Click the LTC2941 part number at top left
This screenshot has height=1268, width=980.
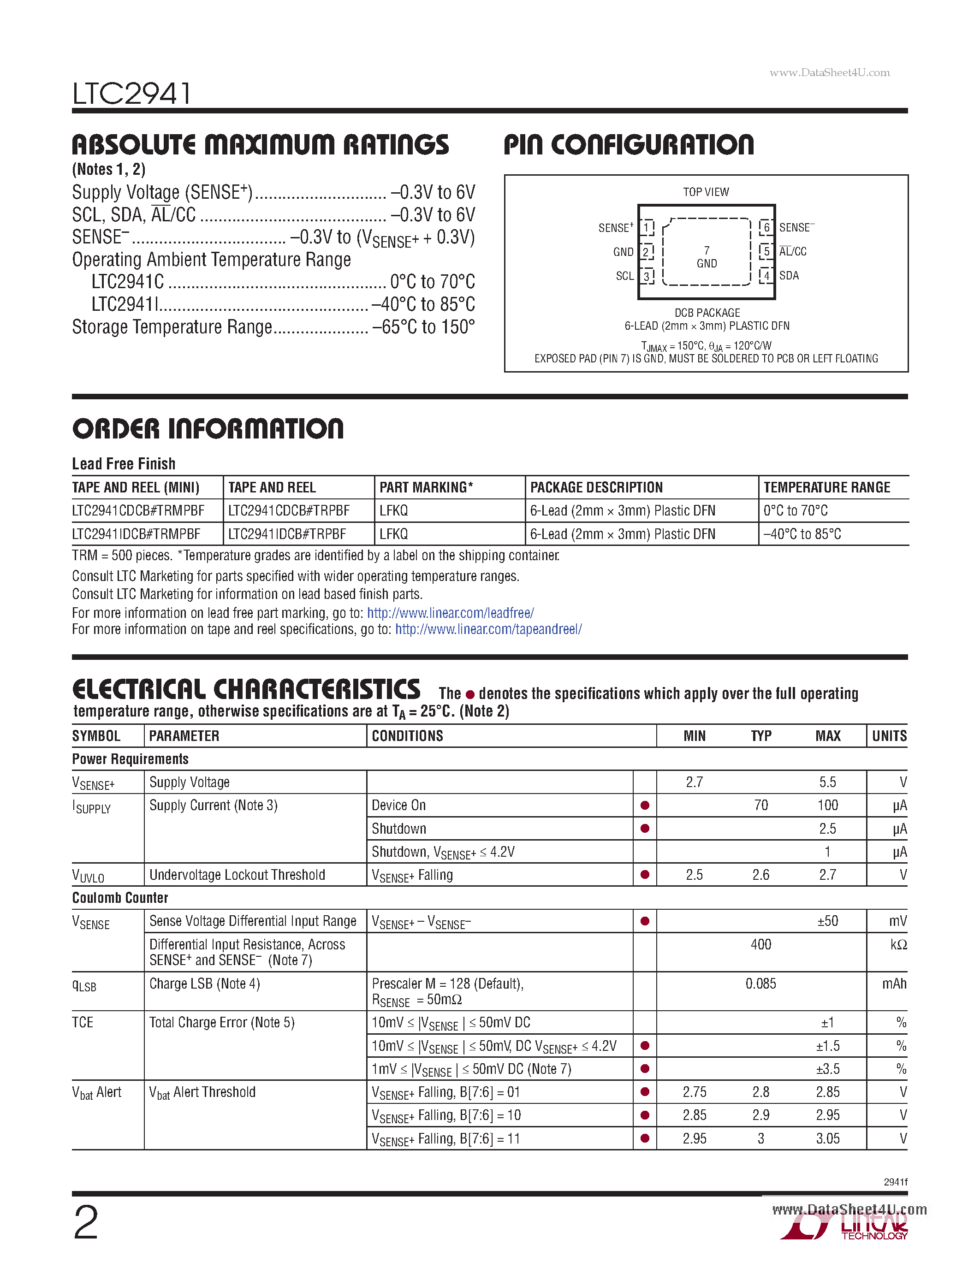point(132,94)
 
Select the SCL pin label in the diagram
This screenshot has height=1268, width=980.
point(625,276)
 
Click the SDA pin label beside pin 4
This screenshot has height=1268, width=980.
point(789,276)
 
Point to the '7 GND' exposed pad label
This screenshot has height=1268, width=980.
point(707,257)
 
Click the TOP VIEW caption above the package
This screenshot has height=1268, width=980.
point(706,192)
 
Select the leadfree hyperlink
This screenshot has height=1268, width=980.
point(450,613)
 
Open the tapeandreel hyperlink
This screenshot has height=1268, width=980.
point(488,629)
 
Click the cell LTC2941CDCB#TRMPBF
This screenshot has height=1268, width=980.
point(138,511)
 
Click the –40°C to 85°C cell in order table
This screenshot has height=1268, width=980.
point(802,534)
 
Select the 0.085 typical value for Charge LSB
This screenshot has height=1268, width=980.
point(760,984)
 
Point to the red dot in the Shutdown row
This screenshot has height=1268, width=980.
point(644,829)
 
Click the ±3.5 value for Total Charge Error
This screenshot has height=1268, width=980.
point(827,1069)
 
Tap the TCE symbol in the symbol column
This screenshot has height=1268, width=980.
point(83,1022)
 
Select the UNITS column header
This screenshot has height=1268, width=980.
point(889,736)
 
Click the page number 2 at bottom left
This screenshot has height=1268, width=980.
point(86,1223)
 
